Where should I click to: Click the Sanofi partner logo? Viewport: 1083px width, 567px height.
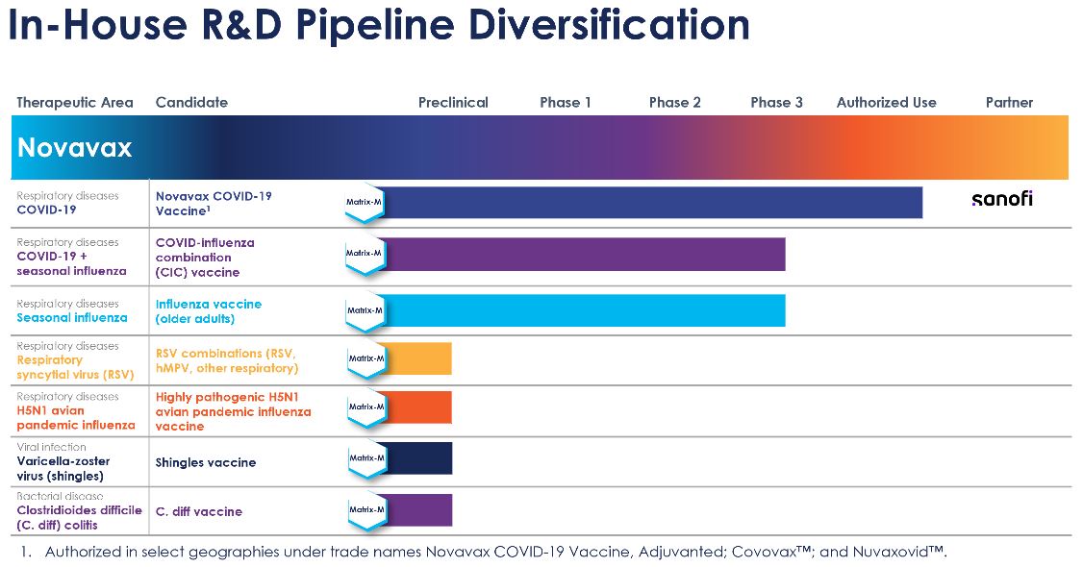pos(1001,199)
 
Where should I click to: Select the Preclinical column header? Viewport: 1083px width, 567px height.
pos(453,102)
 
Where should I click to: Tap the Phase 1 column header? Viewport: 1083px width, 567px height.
pos(565,102)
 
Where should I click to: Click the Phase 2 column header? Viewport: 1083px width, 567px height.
pos(674,102)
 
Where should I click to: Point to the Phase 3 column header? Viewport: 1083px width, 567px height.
pos(776,102)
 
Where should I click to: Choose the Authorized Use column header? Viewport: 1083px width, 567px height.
pos(886,102)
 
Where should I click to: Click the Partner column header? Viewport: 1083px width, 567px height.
pos(1009,102)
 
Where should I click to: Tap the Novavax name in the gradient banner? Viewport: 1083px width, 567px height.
pos(75,149)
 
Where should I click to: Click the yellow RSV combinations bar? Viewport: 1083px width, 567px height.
pos(419,358)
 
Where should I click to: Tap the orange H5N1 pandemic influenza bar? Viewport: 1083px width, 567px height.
pos(419,407)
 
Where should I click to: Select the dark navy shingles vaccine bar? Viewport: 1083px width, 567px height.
pos(419,458)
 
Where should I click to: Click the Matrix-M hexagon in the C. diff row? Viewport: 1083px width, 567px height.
pos(365,509)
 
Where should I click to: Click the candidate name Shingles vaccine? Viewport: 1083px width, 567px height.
pos(206,462)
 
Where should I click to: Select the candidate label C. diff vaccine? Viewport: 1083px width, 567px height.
pos(199,511)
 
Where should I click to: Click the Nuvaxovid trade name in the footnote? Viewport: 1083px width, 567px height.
pos(901,553)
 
